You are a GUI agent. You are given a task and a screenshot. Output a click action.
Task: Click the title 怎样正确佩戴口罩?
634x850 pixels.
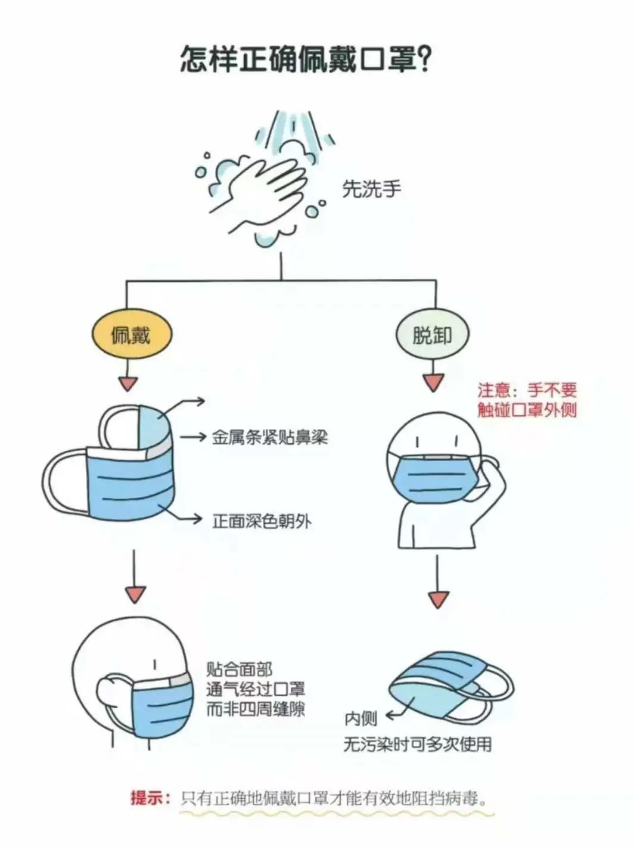point(305,60)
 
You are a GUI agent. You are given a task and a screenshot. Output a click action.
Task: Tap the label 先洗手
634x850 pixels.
point(371,189)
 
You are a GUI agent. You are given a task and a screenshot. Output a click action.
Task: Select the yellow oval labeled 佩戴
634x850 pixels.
point(132,335)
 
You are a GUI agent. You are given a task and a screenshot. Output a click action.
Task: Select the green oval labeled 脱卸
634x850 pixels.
point(433,335)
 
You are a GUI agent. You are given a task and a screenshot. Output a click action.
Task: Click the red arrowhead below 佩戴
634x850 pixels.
point(128,384)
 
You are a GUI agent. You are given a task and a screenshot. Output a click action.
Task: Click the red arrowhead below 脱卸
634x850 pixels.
point(433,382)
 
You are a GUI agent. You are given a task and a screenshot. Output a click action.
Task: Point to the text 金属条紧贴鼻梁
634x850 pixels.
point(269,438)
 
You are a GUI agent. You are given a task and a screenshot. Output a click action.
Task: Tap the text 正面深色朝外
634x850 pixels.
point(262,521)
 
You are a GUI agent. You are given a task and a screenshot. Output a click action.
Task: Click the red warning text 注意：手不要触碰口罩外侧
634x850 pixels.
point(527,400)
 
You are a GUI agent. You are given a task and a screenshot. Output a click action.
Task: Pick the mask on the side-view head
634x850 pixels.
point(163,708)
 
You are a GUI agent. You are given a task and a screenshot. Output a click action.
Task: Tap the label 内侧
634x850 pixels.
point(360,718)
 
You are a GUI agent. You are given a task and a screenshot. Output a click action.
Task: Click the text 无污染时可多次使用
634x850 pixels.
point(417,744)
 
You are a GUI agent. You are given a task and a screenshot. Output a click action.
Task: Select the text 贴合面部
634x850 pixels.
point(239,670)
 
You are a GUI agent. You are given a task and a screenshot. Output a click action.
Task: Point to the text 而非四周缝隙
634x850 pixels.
point(255,709)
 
